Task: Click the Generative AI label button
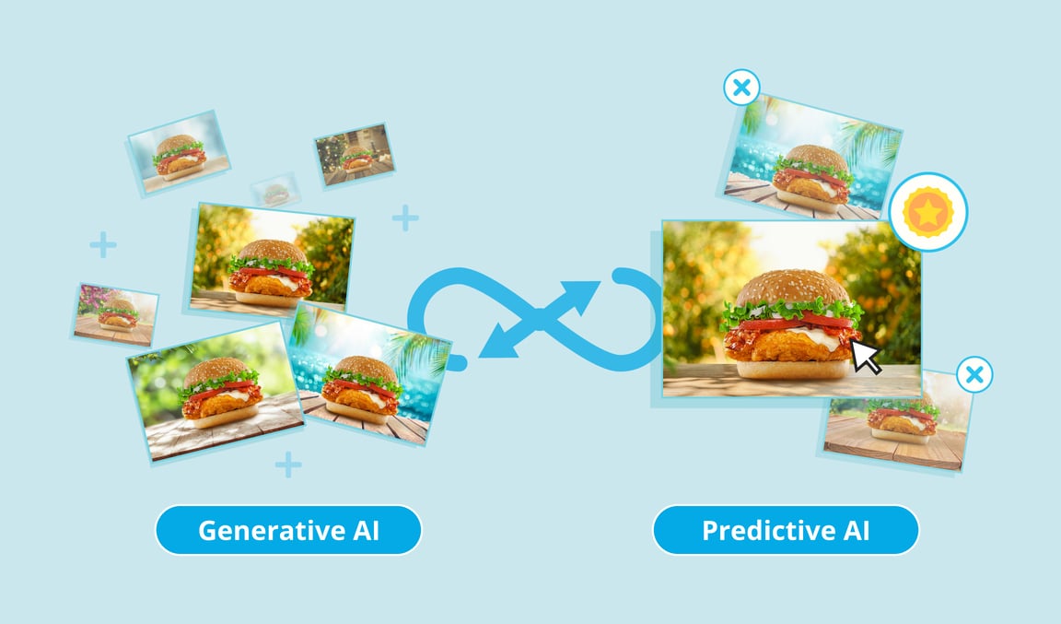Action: (287, 530)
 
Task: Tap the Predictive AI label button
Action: (786, 530)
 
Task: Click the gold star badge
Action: (929, 212)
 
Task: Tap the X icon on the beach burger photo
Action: (741, 88)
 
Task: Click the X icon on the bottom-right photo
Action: (974, 375)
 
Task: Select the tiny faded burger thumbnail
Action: (276, 192)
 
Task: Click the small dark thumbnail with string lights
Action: (355, 152)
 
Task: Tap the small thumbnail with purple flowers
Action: (116, 313)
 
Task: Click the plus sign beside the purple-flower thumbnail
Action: (103, 245)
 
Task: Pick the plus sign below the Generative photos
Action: (288, 464)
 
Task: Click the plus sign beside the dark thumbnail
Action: (405, 218)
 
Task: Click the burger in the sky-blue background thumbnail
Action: (180, 155)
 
